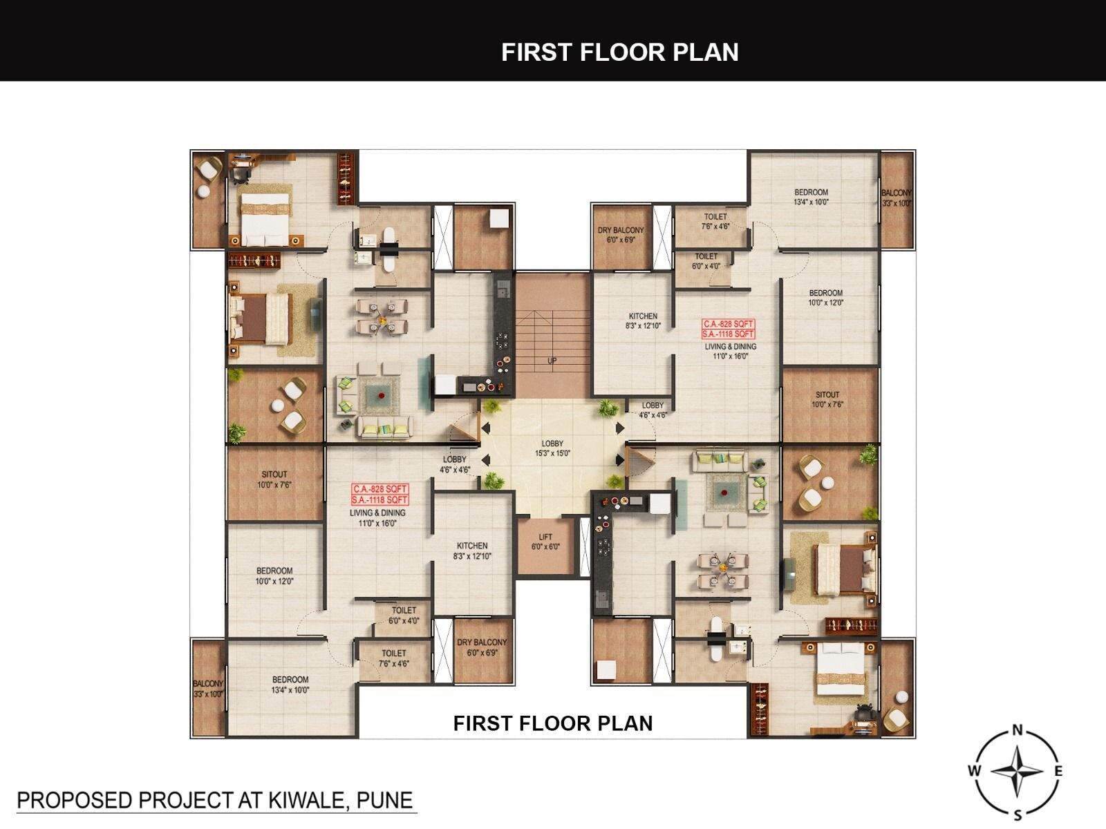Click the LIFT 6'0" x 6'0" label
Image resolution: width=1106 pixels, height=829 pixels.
545,542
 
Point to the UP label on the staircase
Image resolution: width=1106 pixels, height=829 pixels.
552,361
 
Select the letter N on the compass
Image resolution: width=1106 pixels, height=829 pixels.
1017,730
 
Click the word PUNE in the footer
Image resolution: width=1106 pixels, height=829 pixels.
384,800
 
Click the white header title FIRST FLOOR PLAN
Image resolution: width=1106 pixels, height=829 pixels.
619,53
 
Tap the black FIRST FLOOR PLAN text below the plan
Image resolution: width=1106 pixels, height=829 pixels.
552,723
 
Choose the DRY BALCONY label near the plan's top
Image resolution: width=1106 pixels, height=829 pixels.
620,234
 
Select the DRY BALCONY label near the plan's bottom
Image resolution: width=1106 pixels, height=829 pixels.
482,647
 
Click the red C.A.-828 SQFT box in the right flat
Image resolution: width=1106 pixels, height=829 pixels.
728,323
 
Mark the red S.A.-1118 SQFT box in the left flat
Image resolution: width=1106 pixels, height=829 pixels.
380,499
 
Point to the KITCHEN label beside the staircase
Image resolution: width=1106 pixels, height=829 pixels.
643,321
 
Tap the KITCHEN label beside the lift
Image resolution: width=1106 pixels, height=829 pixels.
472,551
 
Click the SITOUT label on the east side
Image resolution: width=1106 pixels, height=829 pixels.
827,399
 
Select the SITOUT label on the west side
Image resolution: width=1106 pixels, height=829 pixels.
274,479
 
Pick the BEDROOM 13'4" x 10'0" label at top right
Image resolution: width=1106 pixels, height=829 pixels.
811,197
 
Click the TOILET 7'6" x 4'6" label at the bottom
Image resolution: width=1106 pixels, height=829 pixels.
393,658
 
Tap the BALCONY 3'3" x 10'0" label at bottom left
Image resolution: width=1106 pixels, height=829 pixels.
208,689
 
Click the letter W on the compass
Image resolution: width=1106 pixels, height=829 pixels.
973,771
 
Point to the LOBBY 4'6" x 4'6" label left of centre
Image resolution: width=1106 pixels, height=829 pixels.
454,464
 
